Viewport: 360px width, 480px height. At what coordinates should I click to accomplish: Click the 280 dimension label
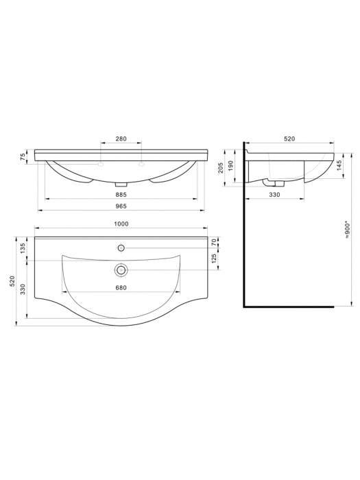coord(121,139)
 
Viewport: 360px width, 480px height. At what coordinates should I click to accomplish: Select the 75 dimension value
coord(23,157)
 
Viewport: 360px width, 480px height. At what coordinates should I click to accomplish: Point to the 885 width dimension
coord(121,194)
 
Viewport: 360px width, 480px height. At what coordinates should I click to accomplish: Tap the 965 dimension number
coord(121,206)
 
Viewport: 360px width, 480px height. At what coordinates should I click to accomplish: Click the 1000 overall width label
coord(121,224)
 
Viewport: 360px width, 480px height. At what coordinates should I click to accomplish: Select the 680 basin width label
coord(121,287)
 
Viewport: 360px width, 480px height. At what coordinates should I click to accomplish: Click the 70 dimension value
coord(214,243)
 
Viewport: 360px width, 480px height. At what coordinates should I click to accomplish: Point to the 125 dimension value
coord(214,259)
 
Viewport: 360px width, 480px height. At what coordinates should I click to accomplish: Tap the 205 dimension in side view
coord(222,168)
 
